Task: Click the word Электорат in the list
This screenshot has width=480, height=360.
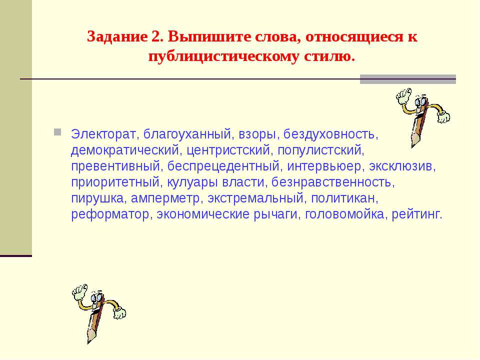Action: (103, 134)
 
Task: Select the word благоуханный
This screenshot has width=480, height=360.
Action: (187, 134)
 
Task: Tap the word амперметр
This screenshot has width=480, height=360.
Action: (165, 198)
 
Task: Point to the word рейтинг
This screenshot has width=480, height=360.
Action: (416, 214)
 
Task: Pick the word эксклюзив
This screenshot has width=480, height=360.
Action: (401, 166)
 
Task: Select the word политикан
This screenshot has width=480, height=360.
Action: (343, 198)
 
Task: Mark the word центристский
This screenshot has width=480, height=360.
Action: (228, 150)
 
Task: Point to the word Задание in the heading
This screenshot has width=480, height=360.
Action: (117, 37)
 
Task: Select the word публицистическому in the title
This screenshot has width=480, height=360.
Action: (223, 57)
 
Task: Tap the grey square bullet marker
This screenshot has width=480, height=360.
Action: (57, 132)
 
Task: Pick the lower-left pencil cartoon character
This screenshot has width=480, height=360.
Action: (98, 313)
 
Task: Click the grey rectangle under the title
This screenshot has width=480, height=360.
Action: (408, 79)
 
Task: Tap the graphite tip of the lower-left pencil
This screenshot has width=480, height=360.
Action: (89, 340)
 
